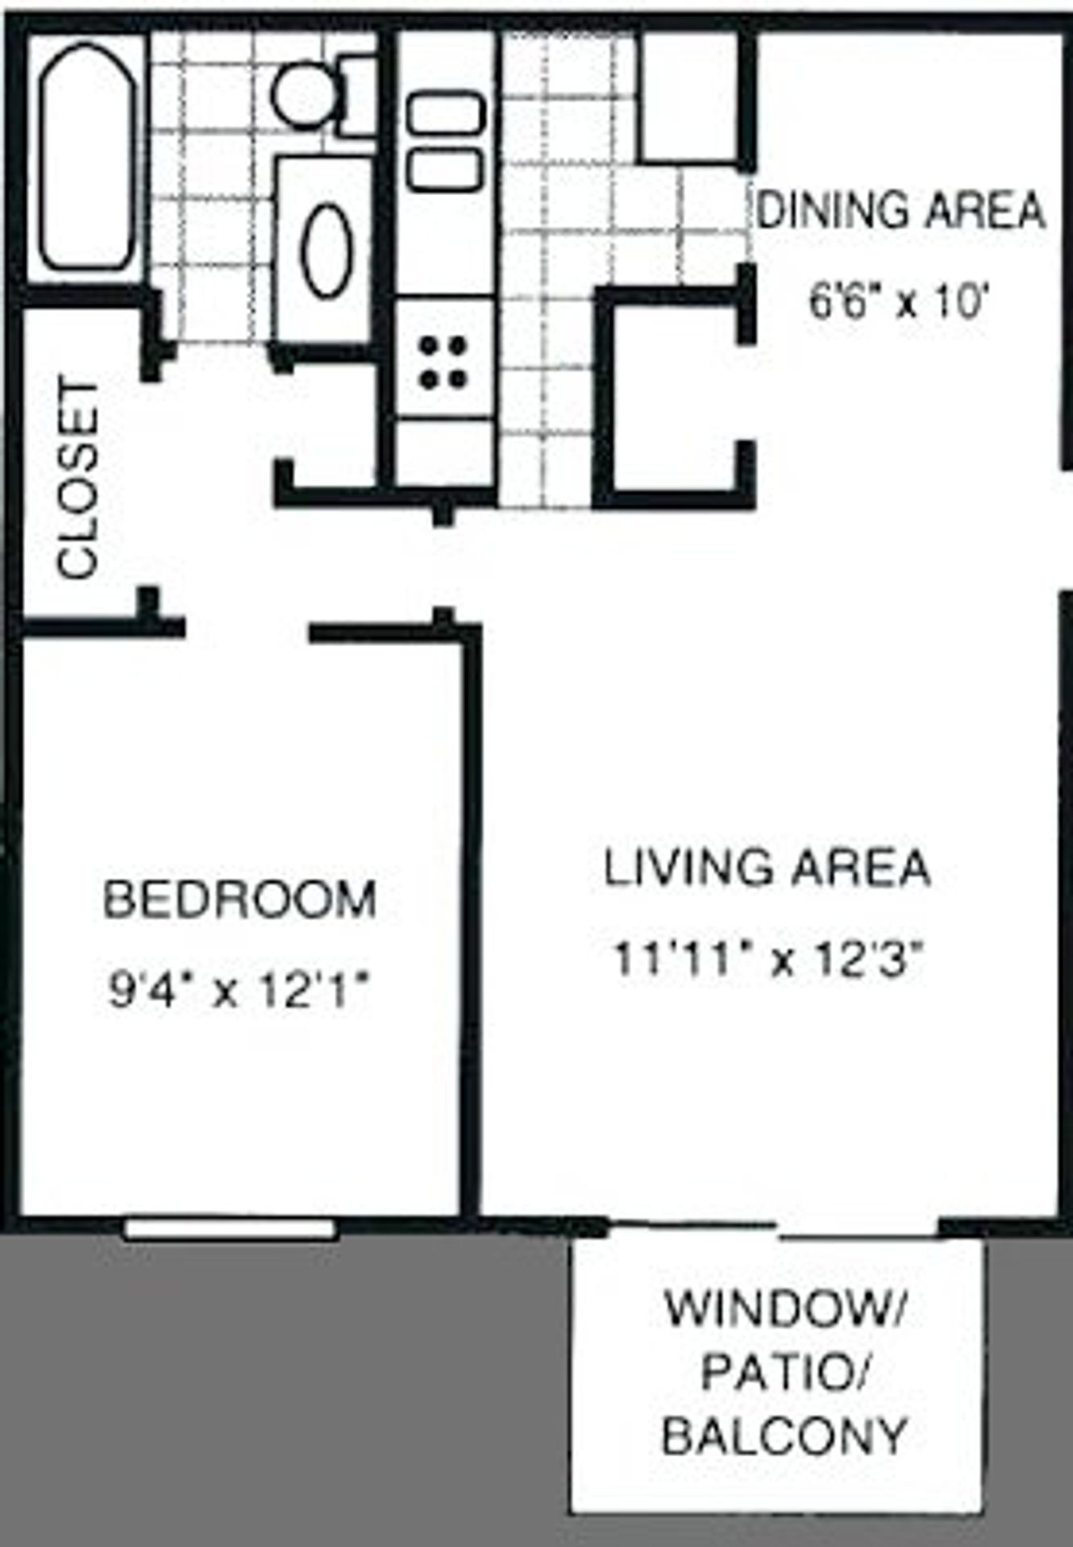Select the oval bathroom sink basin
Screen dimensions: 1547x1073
pyautogui.click(x=327, y=251)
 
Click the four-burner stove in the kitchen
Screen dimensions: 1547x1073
pyautogui.click(x=444, y=362)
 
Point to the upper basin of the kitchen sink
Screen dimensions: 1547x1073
pyautogui.click(x=446, y=113)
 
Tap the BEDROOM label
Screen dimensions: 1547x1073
pyautogui.click(x=239, y=900)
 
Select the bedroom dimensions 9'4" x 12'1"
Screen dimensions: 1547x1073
pyautogui.click(x=239, y=990)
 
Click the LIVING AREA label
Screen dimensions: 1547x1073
pyautogui.click(x=767, y=869)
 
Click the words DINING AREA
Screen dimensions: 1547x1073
pyautogui.click(x=900, y=210)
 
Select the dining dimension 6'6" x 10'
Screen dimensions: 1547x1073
pyautogui.click(x=898, y=304)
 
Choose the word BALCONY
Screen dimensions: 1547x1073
pyautogui.click(x=783, y=1436)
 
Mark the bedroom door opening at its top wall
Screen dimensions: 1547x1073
pyautogui.click(x=247, y=628)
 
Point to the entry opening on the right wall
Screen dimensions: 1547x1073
pyautogui.click(x=1064, y=531)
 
